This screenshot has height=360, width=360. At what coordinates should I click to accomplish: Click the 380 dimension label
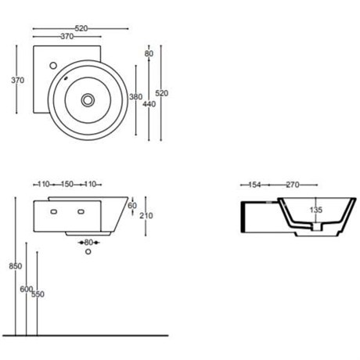(136, 97)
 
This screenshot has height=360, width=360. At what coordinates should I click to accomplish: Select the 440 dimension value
(149, 104)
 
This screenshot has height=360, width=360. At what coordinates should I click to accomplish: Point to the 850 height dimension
(16, 266)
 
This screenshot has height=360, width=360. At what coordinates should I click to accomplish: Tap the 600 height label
(27, 289)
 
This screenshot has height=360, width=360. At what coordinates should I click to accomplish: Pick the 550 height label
(38, 294)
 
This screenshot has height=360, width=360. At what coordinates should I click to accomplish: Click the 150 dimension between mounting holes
(67, 184)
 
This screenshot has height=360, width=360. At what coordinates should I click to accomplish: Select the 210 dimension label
(146, 216)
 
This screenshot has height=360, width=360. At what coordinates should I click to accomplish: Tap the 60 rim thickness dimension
(132, 206)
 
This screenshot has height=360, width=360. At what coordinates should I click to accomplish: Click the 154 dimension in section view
(254, 185)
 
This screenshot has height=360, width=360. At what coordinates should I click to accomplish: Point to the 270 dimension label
(293, 185)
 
